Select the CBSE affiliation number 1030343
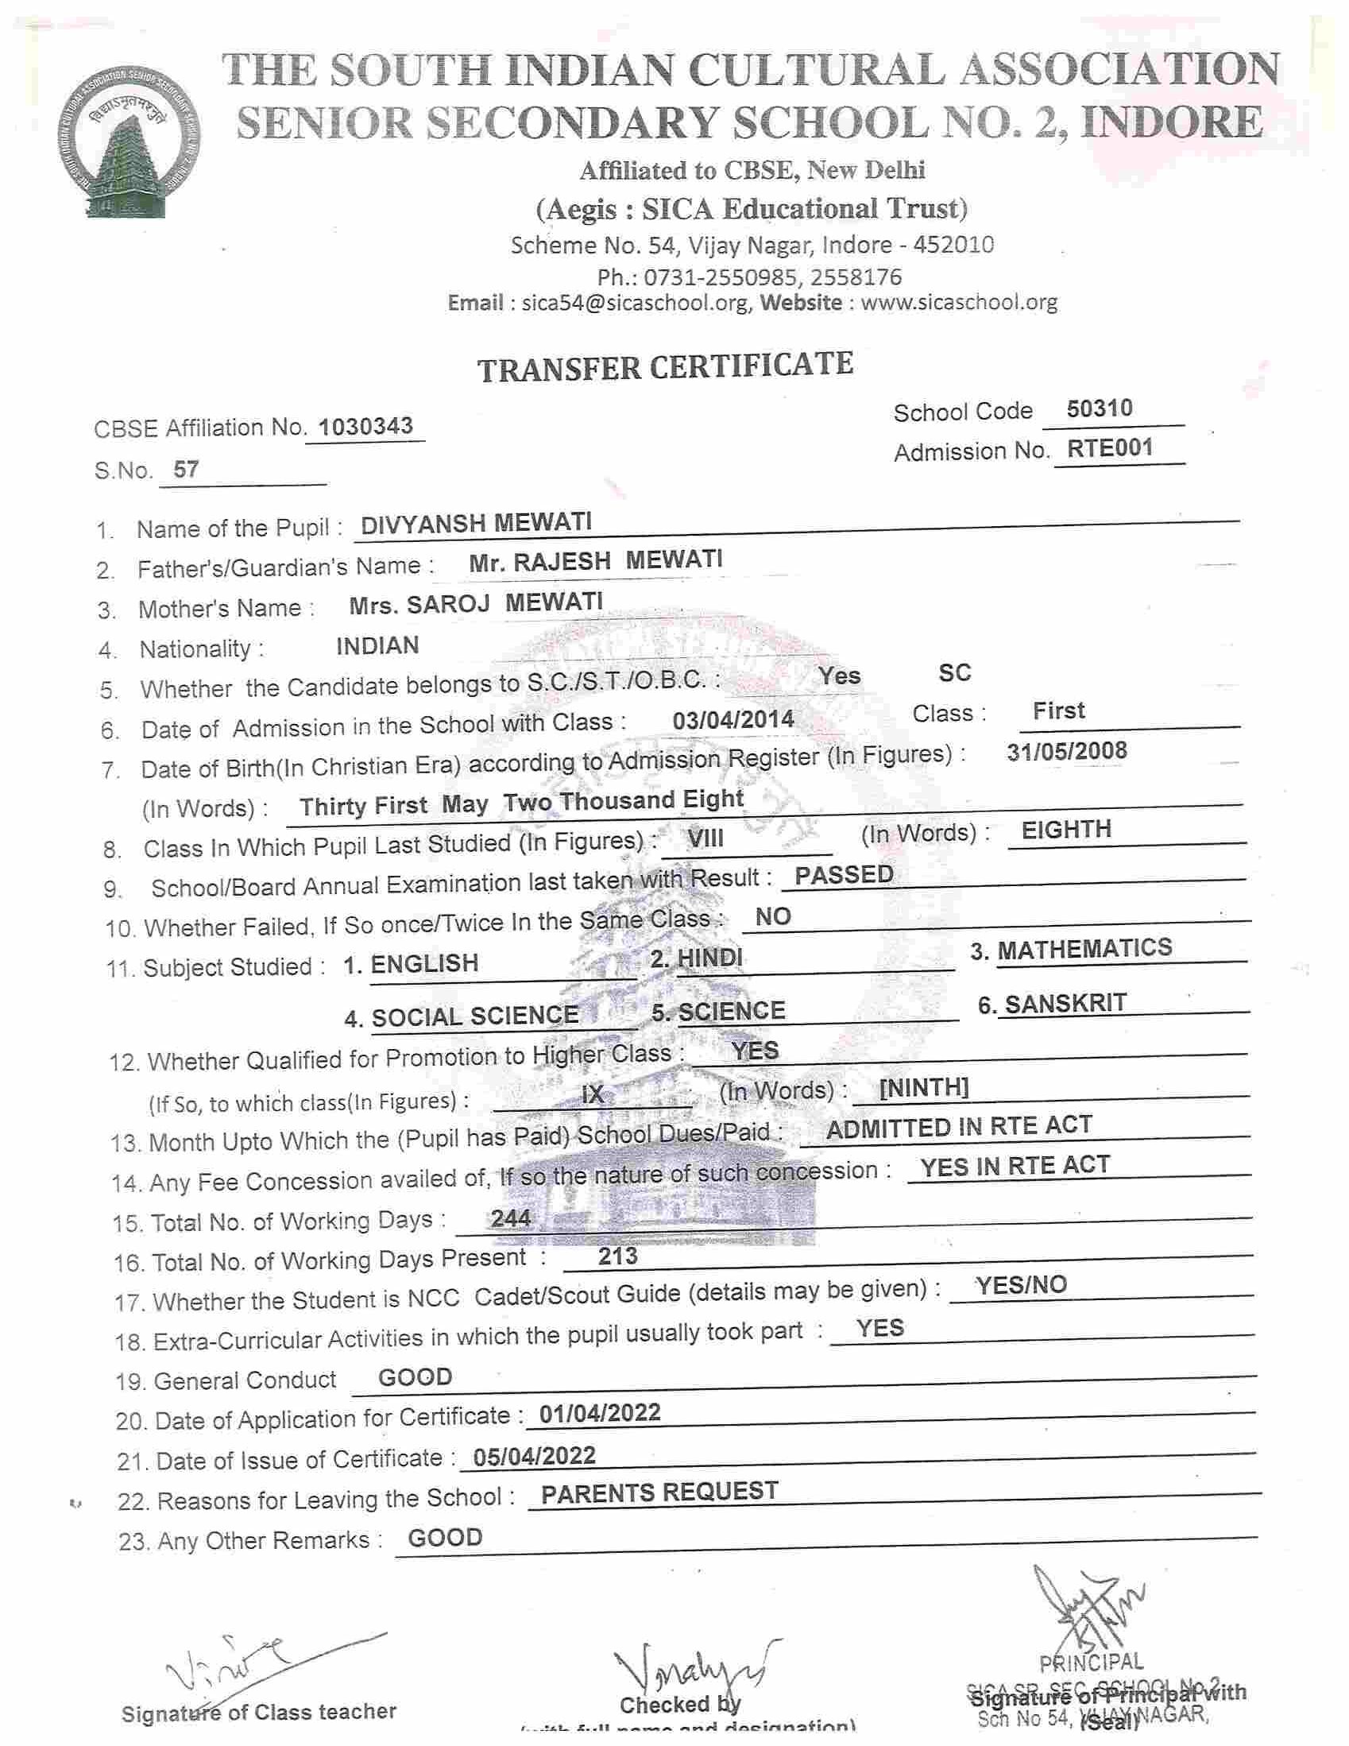(x=365, y=426)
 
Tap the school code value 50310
(x=1100, y=408)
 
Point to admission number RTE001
(x=1110, y=447)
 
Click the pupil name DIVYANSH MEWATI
(x=477, y=524)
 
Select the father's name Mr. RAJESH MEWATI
(x=595, y=560)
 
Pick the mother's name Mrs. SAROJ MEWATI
(x=477, y=602)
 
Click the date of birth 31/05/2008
(x=1067, y=751)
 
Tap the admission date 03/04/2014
(x=732, y=719)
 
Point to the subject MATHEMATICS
(x=1084, y=949)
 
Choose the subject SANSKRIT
(x=1065, y=1003)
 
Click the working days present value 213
(x=618, y=1256)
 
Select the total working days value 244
(x=511, y=1218)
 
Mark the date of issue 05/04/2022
(x=535, y=1456)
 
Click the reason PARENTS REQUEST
(x=659, y=1492)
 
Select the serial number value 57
(x=185, y=468)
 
